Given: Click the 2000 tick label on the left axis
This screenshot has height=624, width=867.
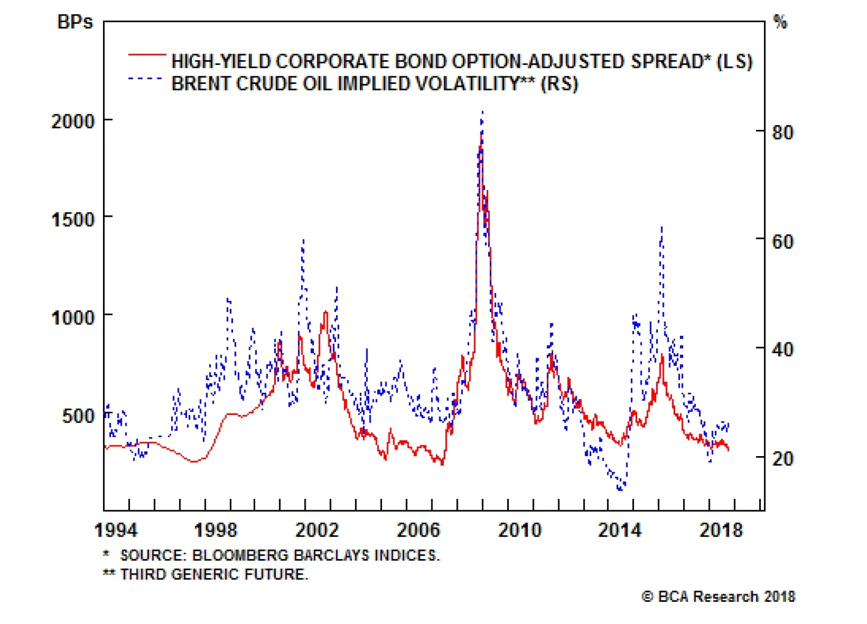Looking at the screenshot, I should click(73, 121).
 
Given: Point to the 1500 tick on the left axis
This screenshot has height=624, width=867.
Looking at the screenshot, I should click(73, 219).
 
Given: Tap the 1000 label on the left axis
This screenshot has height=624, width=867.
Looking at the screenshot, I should click(73, 317).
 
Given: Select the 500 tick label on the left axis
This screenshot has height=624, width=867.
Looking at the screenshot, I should click(78, 416).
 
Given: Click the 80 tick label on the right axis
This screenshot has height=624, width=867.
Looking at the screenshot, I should click(782, 132).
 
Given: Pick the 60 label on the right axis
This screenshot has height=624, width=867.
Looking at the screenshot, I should click(782, 241).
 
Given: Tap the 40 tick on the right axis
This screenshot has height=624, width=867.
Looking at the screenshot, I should click(782, 349).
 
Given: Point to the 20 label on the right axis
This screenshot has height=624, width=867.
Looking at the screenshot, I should click(782, 459).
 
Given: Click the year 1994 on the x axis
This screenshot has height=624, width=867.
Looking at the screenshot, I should click(116, 530).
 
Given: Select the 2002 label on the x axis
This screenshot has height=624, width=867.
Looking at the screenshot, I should click(317, 530).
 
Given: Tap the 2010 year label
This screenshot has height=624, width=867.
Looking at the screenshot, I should click(520, 530).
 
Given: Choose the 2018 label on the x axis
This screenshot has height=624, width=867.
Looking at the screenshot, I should click(721, 530).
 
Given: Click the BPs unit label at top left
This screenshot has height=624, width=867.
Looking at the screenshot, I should click(75, 22).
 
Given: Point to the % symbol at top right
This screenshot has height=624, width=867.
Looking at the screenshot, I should click(780, 22).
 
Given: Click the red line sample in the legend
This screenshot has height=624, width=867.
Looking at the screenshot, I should click(147, 55).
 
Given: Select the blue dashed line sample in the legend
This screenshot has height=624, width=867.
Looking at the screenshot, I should click(145, 79).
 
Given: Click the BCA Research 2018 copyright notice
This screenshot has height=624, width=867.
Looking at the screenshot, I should click(719, 596).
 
